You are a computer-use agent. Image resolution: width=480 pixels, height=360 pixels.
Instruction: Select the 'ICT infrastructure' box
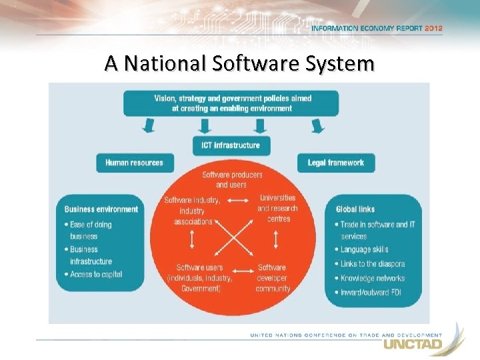pyautogui.click(x=231, y=145)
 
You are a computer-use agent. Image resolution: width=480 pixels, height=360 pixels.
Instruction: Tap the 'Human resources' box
pyautogui.click(x=134, y=162)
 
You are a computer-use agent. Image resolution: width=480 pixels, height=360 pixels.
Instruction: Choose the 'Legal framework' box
pyautogui.click(x=335, y=162)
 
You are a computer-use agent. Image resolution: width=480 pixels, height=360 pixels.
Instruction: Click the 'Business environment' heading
pyautogui.click(x=101, y=209)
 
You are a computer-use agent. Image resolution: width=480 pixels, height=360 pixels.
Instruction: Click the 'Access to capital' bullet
pyautogui.click(x=96, y=274)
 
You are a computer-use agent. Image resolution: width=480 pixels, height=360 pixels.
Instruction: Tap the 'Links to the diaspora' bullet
pyautogui.click(x=372, y=264)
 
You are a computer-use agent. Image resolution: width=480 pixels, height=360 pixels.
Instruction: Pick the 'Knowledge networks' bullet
pyautogui.click(x=372, y=278)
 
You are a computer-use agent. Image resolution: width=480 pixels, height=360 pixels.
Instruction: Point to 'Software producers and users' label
pyautogui.click(x=231, y=179)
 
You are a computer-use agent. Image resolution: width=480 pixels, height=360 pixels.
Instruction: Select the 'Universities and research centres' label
pyautogui.click(x=277, y=208)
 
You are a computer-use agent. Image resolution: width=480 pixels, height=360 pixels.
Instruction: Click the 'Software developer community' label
pyautogui.click(x=273, y=278)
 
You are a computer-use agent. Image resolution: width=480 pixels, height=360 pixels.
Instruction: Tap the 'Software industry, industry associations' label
pyautogui.click(x=193, y=211)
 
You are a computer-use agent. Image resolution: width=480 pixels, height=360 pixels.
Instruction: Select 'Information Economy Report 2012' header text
pyautogui.click(x=376, y=29)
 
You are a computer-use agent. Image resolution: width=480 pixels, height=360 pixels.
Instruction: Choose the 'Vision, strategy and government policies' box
pyautogui.click(x=231, y=103)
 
